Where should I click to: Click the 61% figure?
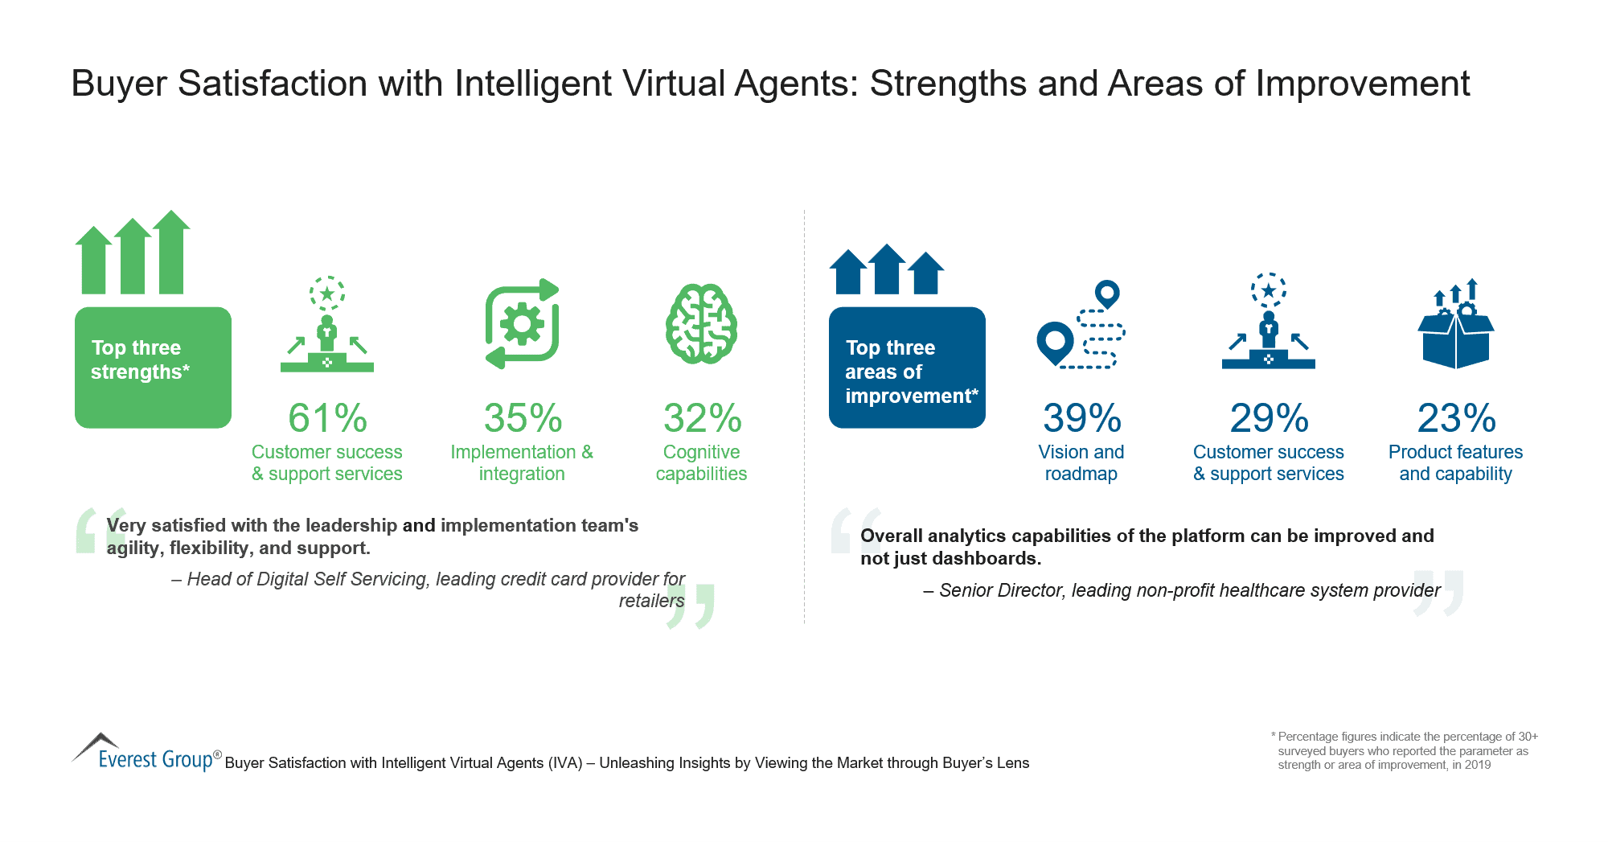[327, 418]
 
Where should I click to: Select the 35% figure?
[523, 418]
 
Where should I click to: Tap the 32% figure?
[702, 418]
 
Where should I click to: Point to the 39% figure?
[1081, 418]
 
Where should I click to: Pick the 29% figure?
[1269, 418]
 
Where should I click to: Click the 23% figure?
[1456, 418]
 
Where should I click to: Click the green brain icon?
[701, 324]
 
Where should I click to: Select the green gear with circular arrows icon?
[523, 324]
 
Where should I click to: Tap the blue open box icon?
[1455, 326]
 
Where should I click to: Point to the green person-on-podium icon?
[327, 326]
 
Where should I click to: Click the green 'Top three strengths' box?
[153, 367]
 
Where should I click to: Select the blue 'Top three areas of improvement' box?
[907, 367]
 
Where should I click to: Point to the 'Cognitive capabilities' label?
[701, 463]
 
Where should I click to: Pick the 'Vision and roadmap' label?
[1081, 463]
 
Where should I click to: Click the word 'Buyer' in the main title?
[119, 84]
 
